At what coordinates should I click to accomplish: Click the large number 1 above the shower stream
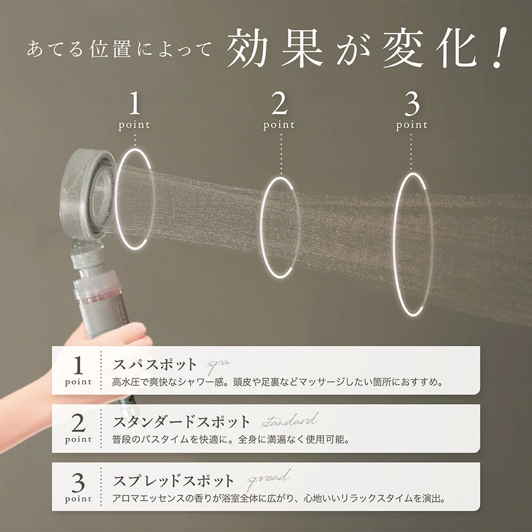135,105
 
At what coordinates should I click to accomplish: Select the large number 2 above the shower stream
278,105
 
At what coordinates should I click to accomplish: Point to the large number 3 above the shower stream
412,105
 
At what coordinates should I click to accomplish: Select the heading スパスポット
155,365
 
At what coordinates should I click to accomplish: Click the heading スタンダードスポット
181,422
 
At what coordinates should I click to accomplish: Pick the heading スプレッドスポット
173,481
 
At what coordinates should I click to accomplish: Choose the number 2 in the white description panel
78,423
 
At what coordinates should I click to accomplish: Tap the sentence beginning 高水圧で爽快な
277,383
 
